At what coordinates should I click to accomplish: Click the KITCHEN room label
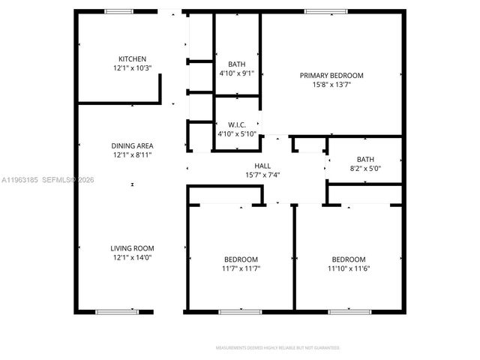(x=132, y=58)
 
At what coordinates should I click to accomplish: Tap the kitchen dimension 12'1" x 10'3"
(x=132, y=67)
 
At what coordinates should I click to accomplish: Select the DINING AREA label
(x=132, y=146)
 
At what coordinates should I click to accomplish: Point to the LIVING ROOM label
(x=132, y=248)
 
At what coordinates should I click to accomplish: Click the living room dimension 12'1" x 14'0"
(x=132, y=258)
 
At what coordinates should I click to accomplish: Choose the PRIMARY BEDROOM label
(x=331, y=75)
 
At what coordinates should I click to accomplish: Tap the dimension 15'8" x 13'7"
(x=331, y=85)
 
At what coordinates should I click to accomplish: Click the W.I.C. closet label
(x=236, y=124)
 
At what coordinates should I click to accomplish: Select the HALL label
(x=262, y=166)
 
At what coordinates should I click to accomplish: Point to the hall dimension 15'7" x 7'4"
(x=262, y=175)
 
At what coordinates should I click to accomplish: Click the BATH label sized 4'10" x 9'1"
(x=236, y=64)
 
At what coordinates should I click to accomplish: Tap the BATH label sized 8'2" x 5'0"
(x=365, y=159)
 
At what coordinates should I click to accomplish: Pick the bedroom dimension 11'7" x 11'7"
(x=241, y=268)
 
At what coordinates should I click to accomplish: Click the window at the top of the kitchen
(x=118, y=11)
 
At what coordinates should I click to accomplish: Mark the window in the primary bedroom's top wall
(x=326, y=11)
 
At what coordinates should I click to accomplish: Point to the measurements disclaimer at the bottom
(x=278, y=348)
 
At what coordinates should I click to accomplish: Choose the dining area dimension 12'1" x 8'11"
(x=132, y=156)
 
